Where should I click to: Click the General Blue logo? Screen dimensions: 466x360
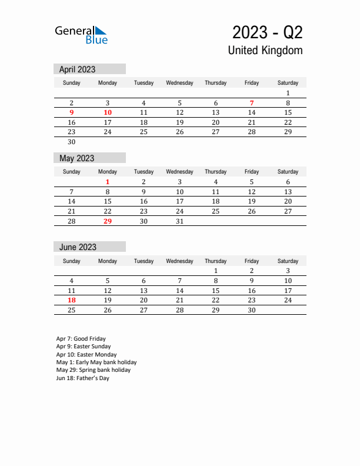tap(81, 34)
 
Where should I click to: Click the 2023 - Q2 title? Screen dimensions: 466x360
tap(268, 32)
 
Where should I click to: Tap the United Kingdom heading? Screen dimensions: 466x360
tap(265, 50)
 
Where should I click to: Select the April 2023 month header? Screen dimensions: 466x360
tap(78, 69)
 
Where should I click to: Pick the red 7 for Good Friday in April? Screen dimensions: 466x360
tap(252, 103)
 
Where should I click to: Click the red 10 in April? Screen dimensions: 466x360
tap(108, 112)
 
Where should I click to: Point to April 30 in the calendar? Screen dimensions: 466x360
tap(72, 142)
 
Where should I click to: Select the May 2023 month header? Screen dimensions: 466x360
tap(77, 158)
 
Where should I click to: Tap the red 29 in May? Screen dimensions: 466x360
tap(108, 221)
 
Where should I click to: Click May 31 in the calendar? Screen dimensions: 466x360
tap(180, 221)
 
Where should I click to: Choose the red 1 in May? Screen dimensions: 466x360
tap(108, 182)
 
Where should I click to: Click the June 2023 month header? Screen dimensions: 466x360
tap(78, 247)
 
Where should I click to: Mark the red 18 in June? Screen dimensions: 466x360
tap(72, 300)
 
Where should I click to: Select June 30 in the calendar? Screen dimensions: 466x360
tap(252, 310)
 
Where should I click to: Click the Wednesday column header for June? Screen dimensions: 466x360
tap(180, 261)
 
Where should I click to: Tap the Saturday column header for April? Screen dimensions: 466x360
tap(288, 83)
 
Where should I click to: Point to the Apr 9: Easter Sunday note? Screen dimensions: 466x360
tap(84, 347)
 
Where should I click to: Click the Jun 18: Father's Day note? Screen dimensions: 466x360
tap(83, 378)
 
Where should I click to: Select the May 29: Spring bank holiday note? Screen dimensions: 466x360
tap(94, 370)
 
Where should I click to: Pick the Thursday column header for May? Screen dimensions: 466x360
tap(216, 172)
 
